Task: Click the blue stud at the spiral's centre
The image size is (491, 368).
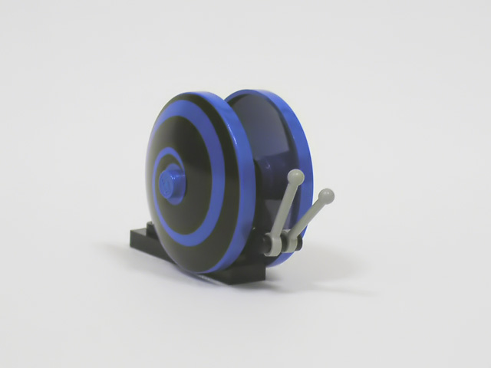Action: coord(170,186)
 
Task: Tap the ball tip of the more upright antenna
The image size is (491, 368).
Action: coord(295,178)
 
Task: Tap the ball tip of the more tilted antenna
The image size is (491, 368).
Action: coord(327,195)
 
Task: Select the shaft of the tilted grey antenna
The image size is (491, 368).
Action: coord(307,218)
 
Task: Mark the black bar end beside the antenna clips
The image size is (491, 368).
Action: coord(266,246)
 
